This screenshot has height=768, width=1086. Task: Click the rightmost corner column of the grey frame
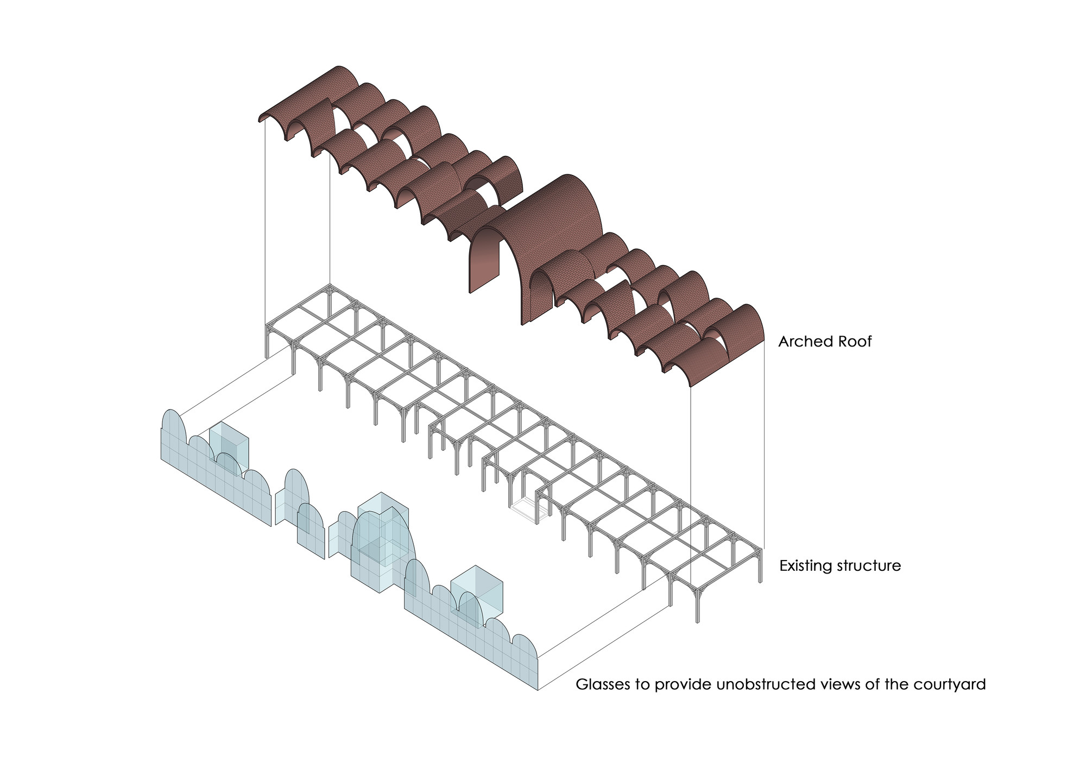[760, 565]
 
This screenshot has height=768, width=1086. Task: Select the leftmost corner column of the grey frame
[267, 342]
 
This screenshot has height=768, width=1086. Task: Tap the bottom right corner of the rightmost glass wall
[538, 689]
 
